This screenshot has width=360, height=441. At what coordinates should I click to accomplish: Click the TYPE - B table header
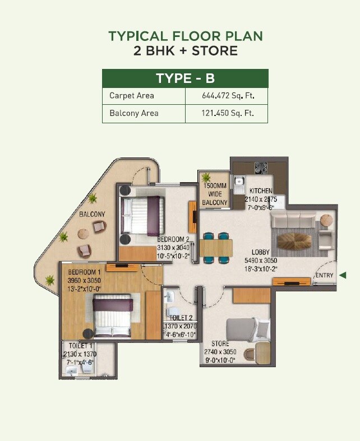(185, 78)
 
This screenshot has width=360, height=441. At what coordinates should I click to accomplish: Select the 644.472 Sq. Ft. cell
(228, 96)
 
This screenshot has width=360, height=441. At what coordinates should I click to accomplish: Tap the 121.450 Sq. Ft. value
(228, 113)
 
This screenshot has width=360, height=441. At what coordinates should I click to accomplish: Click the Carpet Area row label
(132, 96)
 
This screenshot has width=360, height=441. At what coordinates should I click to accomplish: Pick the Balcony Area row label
(134, 113)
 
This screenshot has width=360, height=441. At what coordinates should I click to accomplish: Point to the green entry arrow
(343, 275)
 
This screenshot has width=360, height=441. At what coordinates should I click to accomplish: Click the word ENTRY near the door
(324, 275)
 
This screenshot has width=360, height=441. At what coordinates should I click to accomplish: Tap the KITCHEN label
(261, 191)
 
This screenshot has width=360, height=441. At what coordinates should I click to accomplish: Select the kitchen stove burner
(261, 168)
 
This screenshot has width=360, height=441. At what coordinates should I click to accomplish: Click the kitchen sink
(239, 181)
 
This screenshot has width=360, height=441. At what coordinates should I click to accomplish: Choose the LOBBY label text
(261, 252)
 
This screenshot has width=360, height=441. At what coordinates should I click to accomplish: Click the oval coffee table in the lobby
(294, 242)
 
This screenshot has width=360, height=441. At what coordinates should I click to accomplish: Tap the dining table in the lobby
(216, 247)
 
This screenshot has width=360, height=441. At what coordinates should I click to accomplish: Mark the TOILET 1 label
(77, 346)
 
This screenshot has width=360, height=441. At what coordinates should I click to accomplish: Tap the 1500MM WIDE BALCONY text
(215, 194)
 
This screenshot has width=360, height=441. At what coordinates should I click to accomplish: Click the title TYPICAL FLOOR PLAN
(185, 36)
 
